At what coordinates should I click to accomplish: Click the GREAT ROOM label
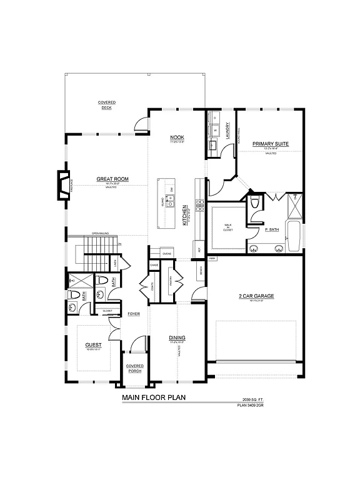[x=112, y=179]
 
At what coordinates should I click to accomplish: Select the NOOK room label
[x=177, y=137]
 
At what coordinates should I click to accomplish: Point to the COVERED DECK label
[x=106, y=105]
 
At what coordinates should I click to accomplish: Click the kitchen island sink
[x=169, y=204]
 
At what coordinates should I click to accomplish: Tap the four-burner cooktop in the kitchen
[x=201, y=206]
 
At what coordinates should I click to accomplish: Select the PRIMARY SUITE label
[x=270, y=144]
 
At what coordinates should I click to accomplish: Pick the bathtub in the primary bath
[x=293, y=235]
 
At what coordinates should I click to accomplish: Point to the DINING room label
[x=177, y=338]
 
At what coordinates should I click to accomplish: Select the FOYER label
[x=134, y=314]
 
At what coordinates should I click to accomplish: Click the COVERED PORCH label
[x=134, y=368]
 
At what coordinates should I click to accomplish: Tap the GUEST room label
[x=93, y=345]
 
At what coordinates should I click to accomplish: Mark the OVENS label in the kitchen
[x=167, y=254]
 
